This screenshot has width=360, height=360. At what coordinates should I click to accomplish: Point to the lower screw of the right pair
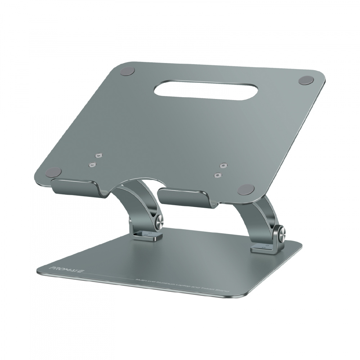tap(217, 175)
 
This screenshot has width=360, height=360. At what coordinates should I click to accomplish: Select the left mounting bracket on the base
tap(142, 235)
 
